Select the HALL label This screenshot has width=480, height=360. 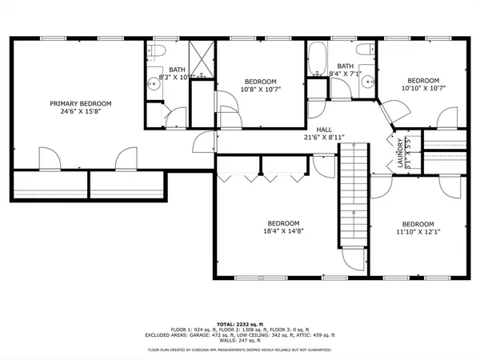pyautogui.click(x=324, y=129)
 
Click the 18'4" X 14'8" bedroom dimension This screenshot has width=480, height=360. pyautogui.click(x=283, y=232)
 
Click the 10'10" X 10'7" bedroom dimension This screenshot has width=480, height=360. pyautogui.click(x=422, y=89)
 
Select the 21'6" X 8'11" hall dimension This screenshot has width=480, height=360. pyautogui.click(x=324, y=138)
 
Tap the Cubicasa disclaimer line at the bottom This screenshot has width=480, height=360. pyautogui.click(x=240, y=350)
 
